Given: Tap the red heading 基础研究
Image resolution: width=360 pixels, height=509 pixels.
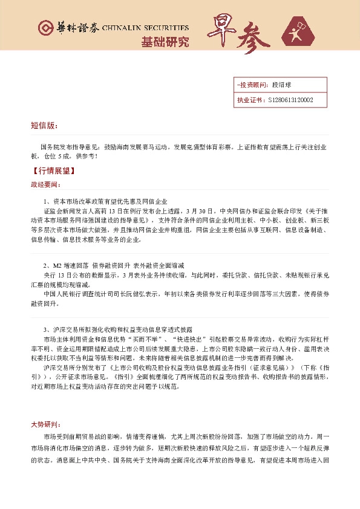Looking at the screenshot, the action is point(165,42).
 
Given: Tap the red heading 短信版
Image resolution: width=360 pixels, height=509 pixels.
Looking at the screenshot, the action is point(44,126).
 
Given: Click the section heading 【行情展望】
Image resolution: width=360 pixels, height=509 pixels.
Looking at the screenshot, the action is point(54,170).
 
